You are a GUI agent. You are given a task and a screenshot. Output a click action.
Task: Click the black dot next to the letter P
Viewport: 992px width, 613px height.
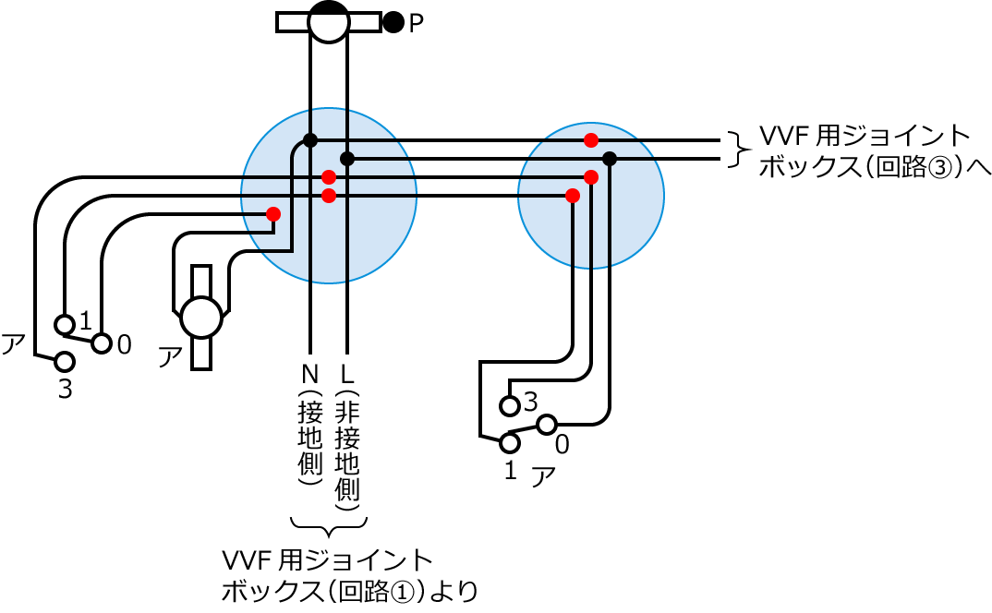pyautogui.click(x=393, y=22)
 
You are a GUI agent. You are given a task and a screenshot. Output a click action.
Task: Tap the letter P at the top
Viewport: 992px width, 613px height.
pyautogui.click(x=416, y=23)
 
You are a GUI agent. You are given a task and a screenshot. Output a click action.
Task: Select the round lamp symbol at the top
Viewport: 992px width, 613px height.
pyautogui.click(x=328, y=21)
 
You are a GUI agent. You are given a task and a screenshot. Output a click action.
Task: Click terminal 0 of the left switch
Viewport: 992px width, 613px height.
pyautogui.click(x=102, y=343)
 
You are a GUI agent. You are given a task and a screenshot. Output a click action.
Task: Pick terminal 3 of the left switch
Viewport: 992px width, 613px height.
pyautogui.click(x=64, y=361)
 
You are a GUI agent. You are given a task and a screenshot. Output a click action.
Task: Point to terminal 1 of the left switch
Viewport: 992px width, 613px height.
pyautogui.click(x=64, y=324)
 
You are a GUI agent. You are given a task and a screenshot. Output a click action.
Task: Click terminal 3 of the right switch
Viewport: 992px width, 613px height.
pyautogui.click(x=509, y=405)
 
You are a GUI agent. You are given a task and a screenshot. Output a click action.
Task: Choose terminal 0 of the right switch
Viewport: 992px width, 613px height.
pyautogui.click(x=546, y=425)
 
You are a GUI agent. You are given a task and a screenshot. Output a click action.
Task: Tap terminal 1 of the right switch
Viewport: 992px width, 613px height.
pyautogui.click(x=509, y=443)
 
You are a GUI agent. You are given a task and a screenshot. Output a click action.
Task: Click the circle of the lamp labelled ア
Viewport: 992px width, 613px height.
pyautogui.click(x=201, y=318)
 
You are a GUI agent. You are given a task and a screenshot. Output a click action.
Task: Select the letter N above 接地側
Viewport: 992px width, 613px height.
pyautogui.click(x=309, y=375)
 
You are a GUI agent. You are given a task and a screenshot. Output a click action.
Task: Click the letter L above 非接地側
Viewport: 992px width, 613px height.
pyautogui.click(x=347, y=375)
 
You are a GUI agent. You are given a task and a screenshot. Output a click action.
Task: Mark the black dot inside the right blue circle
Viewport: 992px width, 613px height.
pyautogui.click(x=610, y=159)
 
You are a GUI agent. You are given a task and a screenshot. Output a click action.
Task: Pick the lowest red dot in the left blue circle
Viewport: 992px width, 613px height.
pyautogui.click(x=272, y=214)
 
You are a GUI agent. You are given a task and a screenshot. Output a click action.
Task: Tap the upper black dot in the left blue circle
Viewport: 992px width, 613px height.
pyautogui.click(x=310, y=140)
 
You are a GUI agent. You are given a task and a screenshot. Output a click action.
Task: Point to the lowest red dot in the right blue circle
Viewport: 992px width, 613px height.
pyautogui.click(x=573, y=196)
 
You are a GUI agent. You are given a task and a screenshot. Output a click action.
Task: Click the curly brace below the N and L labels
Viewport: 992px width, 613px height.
pyautogui.click(x=329, y=527)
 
